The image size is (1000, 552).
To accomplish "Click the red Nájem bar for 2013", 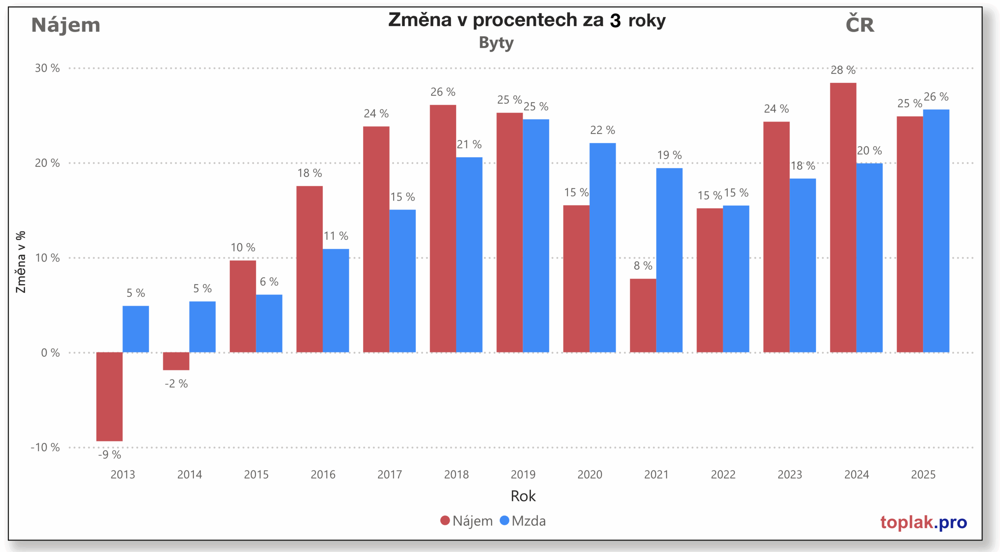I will click(109, 396).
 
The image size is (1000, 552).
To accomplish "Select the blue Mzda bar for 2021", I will click(669, 260).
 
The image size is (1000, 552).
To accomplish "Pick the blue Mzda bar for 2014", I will click(202, 327).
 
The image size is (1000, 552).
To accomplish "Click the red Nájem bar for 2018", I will click(443, 228).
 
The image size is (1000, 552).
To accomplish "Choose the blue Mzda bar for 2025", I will click(936, 231).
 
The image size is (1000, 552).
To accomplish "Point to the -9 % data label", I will click(109, 454).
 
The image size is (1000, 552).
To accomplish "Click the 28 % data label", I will click(843, 70).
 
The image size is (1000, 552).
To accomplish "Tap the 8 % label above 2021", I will click(643, 266).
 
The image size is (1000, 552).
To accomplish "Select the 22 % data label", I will click(602, 130).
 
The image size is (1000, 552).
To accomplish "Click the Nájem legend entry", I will click(466, 521).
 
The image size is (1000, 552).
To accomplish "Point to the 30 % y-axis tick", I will click(47, 68).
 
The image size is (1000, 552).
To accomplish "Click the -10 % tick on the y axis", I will click(45, 447).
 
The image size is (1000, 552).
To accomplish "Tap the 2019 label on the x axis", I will click(523, 475).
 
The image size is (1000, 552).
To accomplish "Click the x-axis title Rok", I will click(523, 496).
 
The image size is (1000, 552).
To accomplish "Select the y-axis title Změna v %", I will click(20, 262).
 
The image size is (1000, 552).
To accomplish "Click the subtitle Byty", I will click(496, 43).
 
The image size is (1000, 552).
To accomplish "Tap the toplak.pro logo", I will click(923, 522).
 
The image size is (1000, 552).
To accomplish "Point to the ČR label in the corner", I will click(859, 24).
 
